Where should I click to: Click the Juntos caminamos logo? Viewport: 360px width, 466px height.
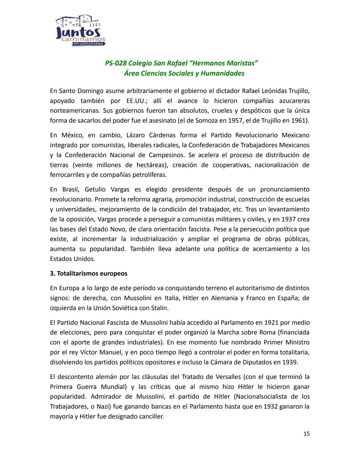click(80, 31)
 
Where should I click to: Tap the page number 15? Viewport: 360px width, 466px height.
click(306, 434)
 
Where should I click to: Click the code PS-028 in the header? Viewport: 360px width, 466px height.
click(116, 63)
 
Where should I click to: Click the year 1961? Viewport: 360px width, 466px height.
click(301, 120)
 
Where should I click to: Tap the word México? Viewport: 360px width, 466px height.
click(72, 135)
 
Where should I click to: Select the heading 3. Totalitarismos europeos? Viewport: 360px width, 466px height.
click(89, 274)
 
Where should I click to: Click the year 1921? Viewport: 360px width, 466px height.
click(272, 323)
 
